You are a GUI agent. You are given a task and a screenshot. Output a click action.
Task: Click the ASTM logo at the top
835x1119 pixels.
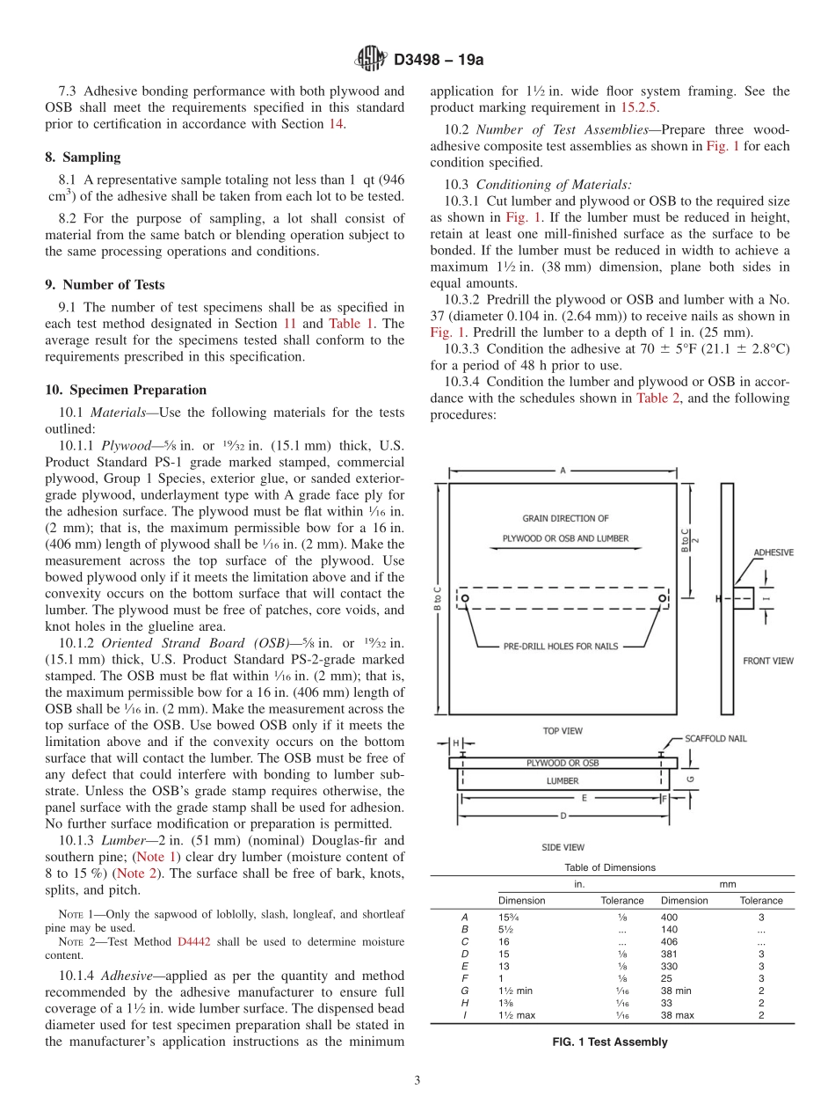pos(370,60)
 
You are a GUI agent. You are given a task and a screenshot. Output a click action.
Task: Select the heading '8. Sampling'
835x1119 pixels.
pos(83,157)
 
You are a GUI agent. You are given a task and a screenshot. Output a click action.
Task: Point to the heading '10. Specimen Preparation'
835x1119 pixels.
pos(126,390)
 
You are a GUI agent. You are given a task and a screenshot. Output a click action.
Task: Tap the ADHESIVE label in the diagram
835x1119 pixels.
pos(773,552)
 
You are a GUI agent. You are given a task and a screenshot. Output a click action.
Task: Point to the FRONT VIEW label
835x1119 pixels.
pos(767,661)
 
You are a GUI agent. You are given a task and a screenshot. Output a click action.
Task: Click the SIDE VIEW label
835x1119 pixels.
pos(563,847)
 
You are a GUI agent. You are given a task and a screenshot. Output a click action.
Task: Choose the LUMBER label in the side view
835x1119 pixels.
pos(563,780)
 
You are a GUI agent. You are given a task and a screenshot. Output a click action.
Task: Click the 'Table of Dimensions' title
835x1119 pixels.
pos(609,867)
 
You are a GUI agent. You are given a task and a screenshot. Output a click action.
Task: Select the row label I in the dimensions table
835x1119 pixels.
pos(464,1014)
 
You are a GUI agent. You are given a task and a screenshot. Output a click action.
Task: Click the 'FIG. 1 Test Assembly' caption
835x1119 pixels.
pos(609,1042)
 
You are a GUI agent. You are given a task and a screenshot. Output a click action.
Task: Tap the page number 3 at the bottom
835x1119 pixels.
pos(417,1080)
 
